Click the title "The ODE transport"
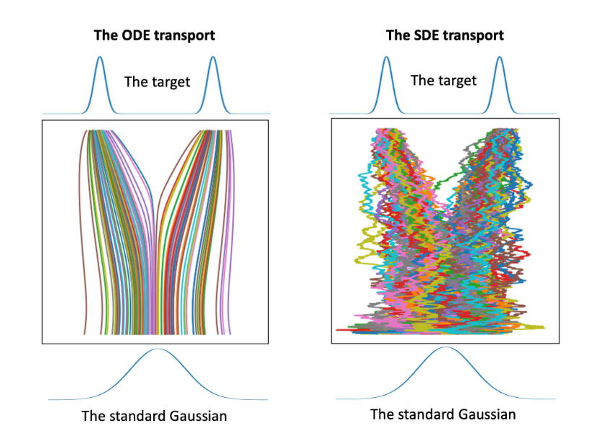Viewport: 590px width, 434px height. (x=154, y=35)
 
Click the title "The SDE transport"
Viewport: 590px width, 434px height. (x=445, y=35)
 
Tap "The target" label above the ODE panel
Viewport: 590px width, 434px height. (x=157, y=81)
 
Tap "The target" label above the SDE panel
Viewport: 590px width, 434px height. (x=443, y=80)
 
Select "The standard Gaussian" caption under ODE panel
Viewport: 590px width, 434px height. (x=157, y=416)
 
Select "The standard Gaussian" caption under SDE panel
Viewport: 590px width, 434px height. (x=443, y=414)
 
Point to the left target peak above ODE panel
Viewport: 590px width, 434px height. (x=100, y=59)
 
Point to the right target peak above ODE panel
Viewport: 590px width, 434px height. (x=213, y=59)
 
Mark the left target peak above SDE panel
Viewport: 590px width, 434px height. (x=386, y=58)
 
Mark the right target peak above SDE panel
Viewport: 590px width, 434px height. (x=499, y=58)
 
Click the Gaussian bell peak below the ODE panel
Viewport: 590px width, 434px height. (x=158, y=350)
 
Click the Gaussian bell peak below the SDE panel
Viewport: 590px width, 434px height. (x=445, y=349)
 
